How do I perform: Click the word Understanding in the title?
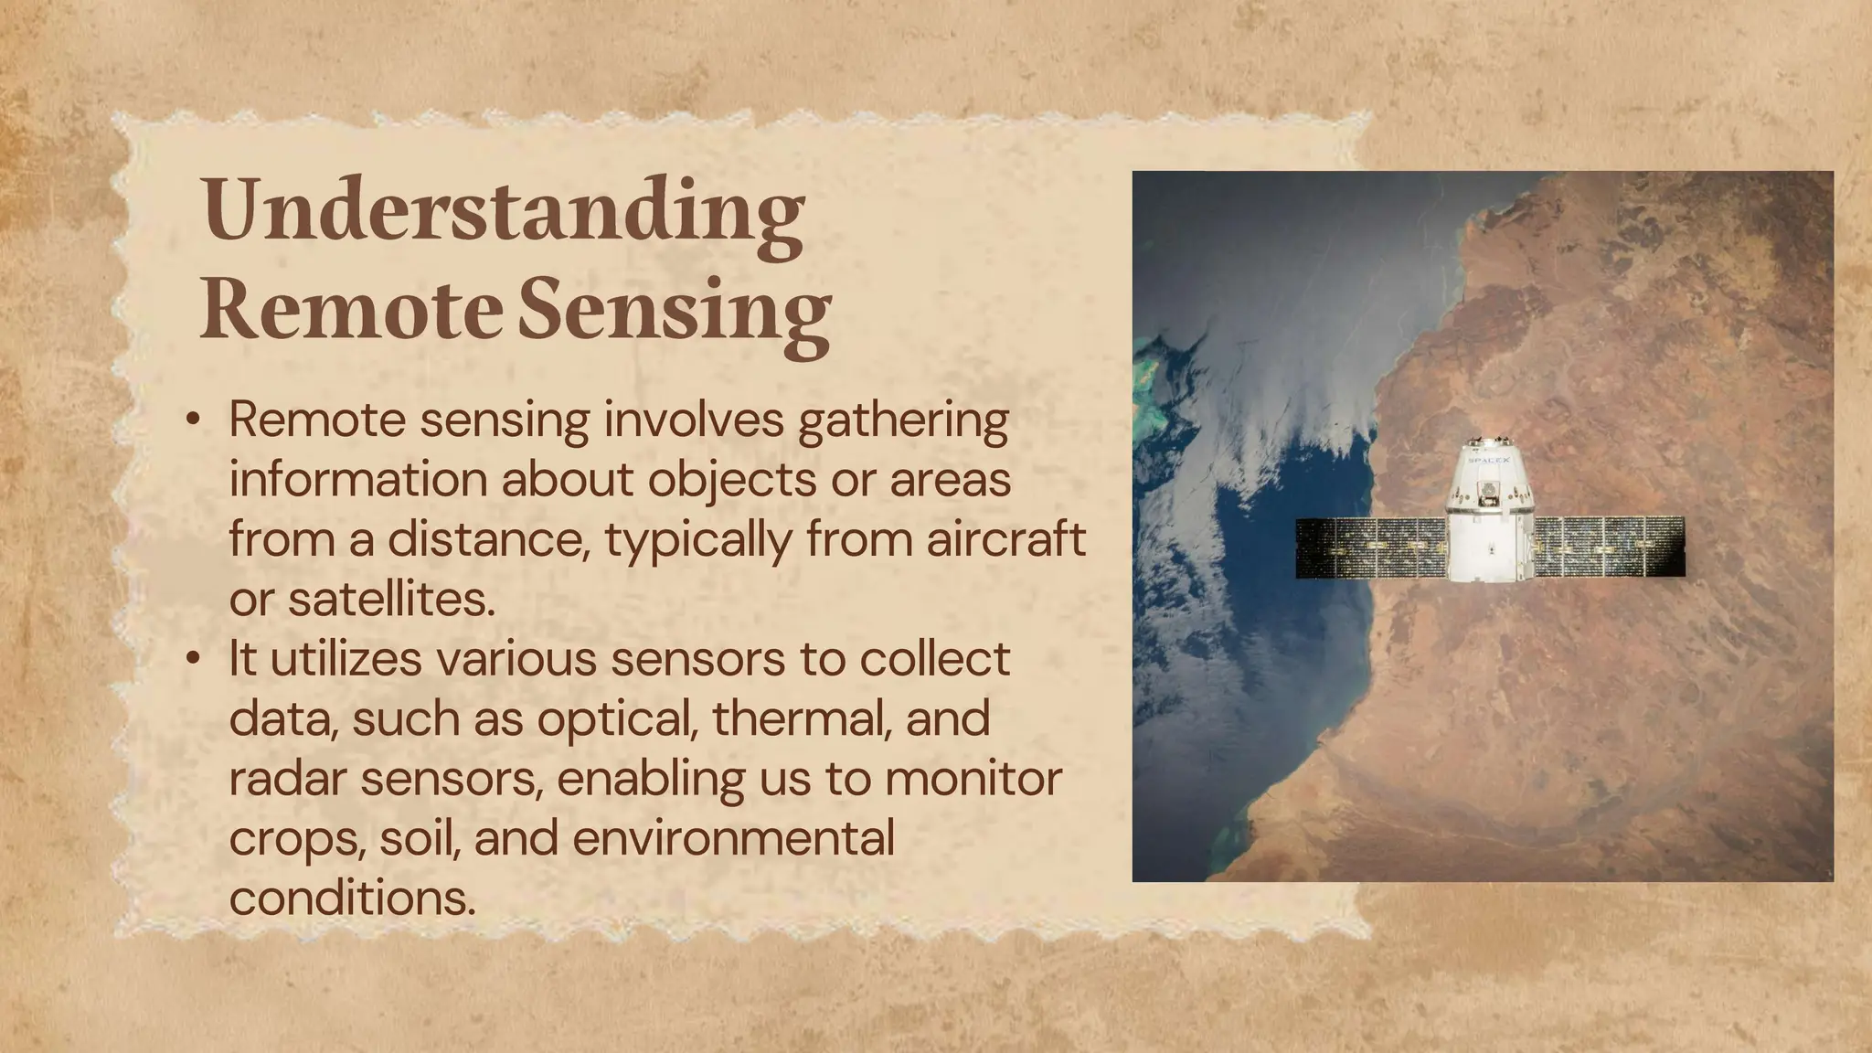pyautogui.click(x=503, y=210)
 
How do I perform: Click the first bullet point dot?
pyautogui.click(x=192, y=420)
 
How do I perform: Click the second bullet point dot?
pyautogui.click(x=192, y=658)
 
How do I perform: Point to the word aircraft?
pyautogui.click(x=1005, y=538)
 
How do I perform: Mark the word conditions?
pyautogui.click(x=352, y=898)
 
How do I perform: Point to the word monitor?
pyautogui.click(x=973, y=779)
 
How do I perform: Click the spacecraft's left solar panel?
pyautogui.click(x=1370, y=548)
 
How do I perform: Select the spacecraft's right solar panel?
pyautogui.click(x=1608, y=547)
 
